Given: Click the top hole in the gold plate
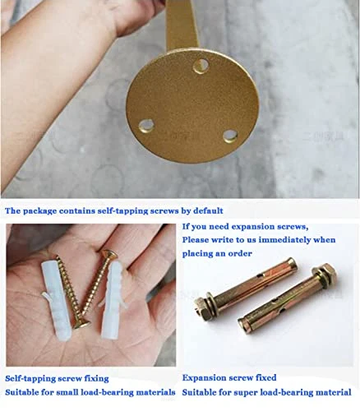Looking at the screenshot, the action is pos(201,66).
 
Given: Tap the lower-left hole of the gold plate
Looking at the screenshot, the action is pos(146,126).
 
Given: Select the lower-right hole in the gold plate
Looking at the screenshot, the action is pos(230,136).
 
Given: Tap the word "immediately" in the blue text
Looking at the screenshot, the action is pos(285,240).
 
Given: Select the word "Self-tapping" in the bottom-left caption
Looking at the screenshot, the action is pos(30,379).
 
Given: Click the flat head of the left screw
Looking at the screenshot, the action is pos(81,326).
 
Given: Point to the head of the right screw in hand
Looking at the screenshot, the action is pos(109,254).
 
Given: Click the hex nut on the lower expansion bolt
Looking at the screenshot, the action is pos(327,273).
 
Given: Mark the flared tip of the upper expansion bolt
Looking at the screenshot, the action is pos(291,264).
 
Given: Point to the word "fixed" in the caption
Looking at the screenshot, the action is pos(265,378).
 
